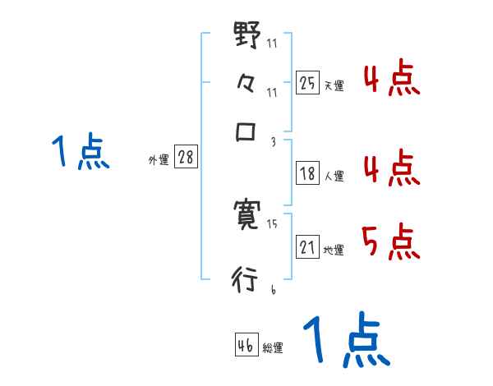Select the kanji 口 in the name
[x=246, y=132]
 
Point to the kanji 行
[x=246, y=279]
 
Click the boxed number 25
[x=307, y=82]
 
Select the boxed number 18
[x=307, y=172]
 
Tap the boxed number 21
[x=307, y=246]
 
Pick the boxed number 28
[x=186, y=158]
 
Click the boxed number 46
[x=246, y=345]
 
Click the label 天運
[x=334, y=85]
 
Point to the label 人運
[x=334, y=176]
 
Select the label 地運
[x=334, y=250]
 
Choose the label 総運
[x=273, y=348]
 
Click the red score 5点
[x=391, y=243]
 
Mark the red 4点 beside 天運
[x=391, y=80]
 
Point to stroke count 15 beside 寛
[x=272, y=223]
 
